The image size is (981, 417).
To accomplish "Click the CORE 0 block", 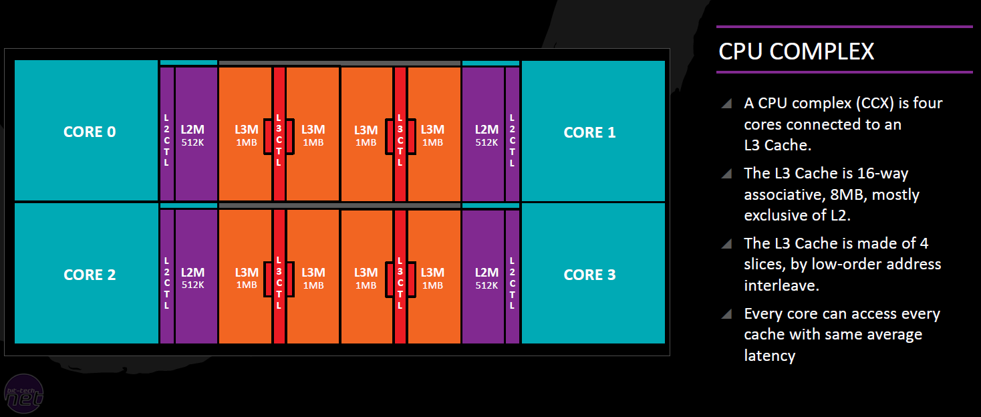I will pyautogui.click(x=86, y=131).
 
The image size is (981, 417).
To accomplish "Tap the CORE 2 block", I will pyautogui.click(x=86, y=274).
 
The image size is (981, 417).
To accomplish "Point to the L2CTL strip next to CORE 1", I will pyautogui.click(x=513, y=134).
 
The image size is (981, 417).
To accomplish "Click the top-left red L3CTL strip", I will pyautogui.click(x=279, y=134).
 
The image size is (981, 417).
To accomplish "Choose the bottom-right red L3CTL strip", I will pyautogui.click(x=400, y=277).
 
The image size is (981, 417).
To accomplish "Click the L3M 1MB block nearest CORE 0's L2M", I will pyautogui.click(x=245, y=134).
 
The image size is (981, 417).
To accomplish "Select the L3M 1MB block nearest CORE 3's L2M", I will pyautogui.click(x=434, y=277).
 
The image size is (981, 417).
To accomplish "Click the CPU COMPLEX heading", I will pyautogui.click(x=796, y=51).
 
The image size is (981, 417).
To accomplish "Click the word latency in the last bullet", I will pyautogui.click(x=770, y=356).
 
